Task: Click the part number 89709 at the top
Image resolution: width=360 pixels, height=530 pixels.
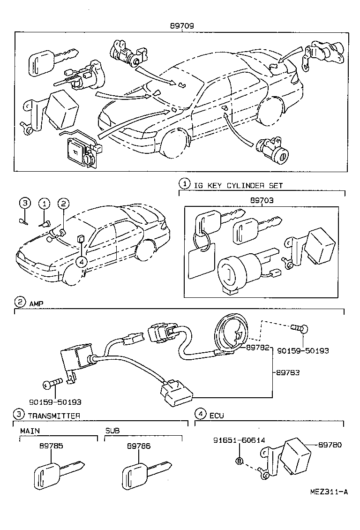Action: [182, 27]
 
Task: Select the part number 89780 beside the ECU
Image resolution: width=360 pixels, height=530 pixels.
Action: [330, 444]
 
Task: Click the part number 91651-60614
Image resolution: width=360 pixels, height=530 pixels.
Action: [239, 440]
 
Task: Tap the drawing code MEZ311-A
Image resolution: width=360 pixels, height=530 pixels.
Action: [329, 492]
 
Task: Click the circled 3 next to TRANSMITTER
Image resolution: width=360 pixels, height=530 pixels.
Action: [18, 414]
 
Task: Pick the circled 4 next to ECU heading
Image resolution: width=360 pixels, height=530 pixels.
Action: [200, 414]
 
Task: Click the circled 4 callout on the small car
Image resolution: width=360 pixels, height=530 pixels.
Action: [82, 261]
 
